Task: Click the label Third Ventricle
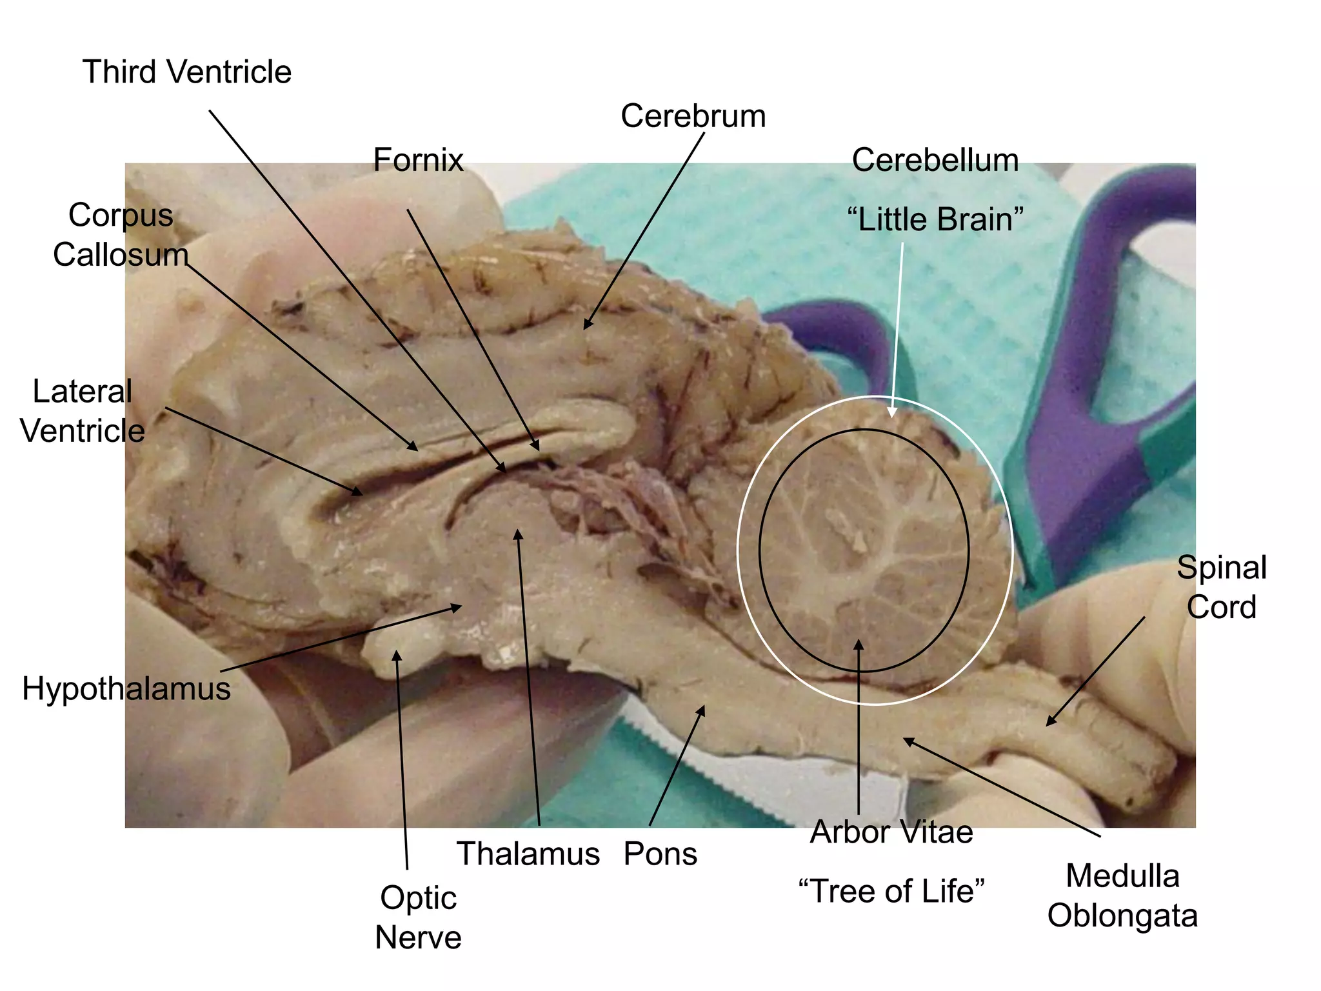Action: point(187,72)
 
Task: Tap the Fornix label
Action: point(418,160)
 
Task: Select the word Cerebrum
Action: point(693,117)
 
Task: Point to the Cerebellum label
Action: point(935,160)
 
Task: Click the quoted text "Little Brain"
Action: point(935,219)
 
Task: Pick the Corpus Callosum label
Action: point(121,235)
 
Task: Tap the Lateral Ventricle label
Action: point(83,411)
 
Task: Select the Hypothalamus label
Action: point(126,688)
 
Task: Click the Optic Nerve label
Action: point(418,917)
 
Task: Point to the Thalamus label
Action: point(528,854)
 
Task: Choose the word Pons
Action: point(660,854)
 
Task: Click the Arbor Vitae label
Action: point(891,832)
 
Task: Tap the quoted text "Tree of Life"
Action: point(891,891)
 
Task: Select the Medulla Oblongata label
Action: point(1122,896)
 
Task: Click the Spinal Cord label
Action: point(1221,587)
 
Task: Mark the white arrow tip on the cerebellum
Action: point(892,415)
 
